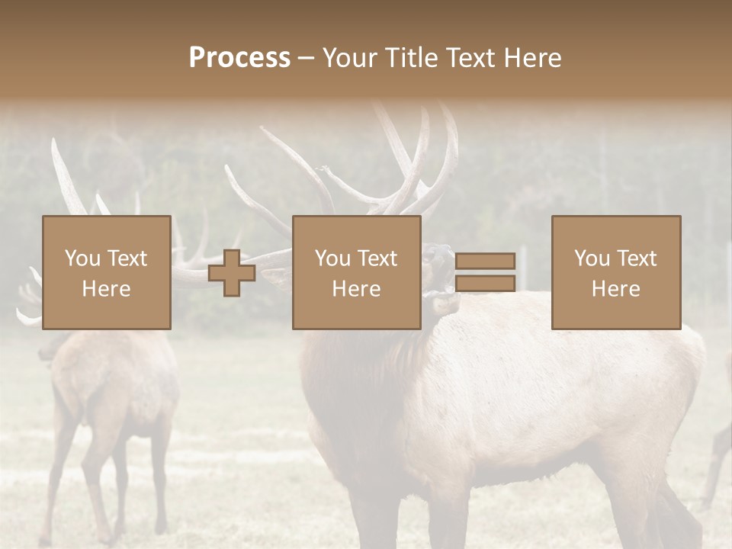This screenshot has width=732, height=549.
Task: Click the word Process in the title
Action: (x=239, y=58)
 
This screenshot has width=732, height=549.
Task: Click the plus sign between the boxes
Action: (x=232, y=273)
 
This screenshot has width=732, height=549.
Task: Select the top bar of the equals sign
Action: (x=485, y=261)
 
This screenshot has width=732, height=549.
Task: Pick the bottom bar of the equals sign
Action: (x=485, y=284)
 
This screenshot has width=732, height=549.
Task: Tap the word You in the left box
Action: (x=82, y=258)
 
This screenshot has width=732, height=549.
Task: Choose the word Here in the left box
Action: (x=106, y=289)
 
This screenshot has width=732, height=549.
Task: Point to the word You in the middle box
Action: (x=332, y=258)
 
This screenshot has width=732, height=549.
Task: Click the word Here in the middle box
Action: (x=357, y=289)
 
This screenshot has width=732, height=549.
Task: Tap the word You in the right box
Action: (x=592, y=258)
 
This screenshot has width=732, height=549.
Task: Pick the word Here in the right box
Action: (x=616, y=289)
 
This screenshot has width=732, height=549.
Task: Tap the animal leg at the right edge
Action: (x=718, y=457)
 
